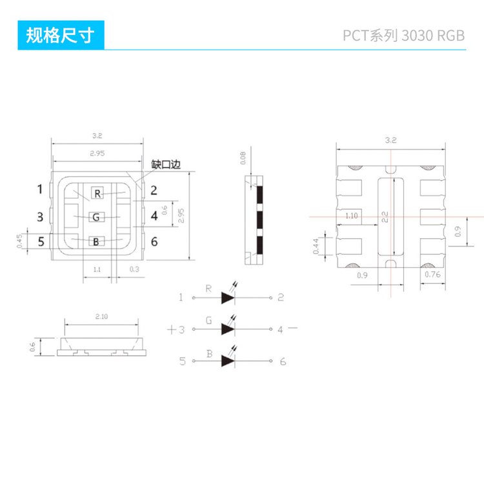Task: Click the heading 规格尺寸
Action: [x=60, y=35]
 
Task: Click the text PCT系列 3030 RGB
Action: [x=404, y=36]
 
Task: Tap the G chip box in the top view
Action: [x=97, y=217]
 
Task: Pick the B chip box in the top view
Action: [x=97, y=242]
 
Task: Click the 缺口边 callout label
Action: [x=165, y=165]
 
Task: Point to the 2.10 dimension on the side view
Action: [x=101, y=317]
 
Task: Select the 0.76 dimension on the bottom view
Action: [x=433, y=275]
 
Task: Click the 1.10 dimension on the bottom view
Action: [x=352, y=216]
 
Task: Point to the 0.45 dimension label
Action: [x=19, y=241]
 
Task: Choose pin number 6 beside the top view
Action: [x=154, y=242]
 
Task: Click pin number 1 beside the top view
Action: [x=40, y=189]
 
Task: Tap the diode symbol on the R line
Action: [x=228, y=297]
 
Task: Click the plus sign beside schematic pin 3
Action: [x=171, y=329]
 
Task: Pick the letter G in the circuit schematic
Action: [x=208, y=319]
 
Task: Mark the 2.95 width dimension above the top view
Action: [x=98, y=154]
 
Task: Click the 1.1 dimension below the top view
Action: [x=97, y=269]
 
